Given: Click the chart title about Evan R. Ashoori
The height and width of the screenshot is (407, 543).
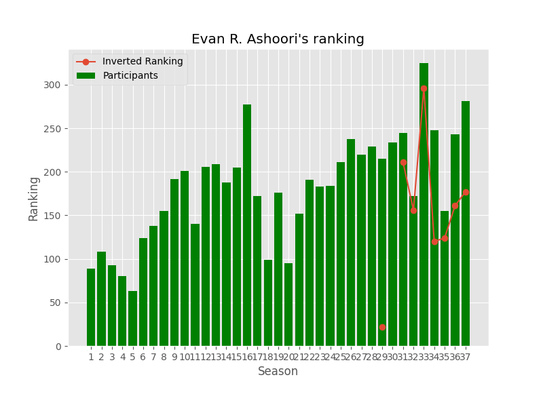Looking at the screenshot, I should [278, 39].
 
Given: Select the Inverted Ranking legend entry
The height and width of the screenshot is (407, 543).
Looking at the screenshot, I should [143, 62].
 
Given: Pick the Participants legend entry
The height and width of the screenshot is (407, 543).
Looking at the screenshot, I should [130, 76].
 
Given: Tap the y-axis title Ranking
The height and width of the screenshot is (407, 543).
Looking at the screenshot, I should [34, 198].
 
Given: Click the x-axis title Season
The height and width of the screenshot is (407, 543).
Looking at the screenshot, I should [278, 372].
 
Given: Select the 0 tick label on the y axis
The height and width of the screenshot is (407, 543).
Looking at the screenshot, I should [58, 346].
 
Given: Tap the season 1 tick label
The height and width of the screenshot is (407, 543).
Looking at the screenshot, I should [91, 357].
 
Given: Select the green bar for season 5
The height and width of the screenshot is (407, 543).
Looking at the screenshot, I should [132, 319].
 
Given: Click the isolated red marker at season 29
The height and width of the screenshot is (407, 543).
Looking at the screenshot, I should [382, 327].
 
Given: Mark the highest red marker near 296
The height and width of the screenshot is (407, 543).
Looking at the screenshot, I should [424, 88].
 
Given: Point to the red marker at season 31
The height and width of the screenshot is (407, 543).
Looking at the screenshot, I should [403, 162].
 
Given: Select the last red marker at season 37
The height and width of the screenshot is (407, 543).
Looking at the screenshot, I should [466, 192].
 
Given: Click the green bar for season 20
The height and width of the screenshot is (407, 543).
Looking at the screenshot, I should [288, 305].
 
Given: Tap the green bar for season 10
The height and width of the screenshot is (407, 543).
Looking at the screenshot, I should [185, 258].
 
